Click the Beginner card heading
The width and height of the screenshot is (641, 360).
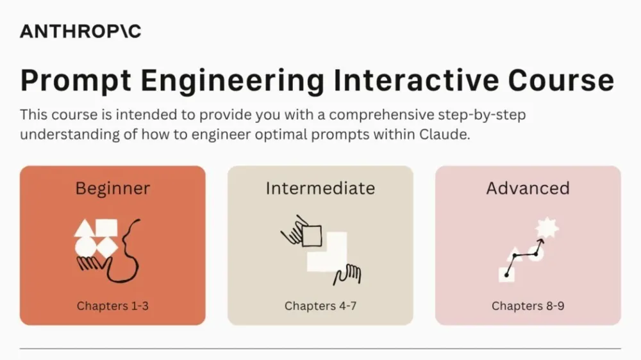pyautogui.click(x=113, y=188)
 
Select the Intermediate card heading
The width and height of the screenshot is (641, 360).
pyautogui.click(x=320, y=188)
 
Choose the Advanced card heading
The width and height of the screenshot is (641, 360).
pyautogui.click(x=528, y=188)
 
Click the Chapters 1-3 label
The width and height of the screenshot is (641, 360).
pyautogui.click(x=113, y=306)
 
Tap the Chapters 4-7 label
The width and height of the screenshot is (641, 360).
pyautogui.click(x=320, y=306)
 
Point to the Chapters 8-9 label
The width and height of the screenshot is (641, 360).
pyautogui.click(x=528, y=306)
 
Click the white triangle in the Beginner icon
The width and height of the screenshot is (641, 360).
pyautogui.click(x=84, y=229)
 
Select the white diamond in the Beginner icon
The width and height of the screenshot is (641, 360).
pyautogui.click(x=106, y=247)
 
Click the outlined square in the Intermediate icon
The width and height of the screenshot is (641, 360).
pyautogui.click(x=312, y=236)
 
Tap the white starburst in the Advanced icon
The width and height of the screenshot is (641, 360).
pyautogui.click(x=547, y=227)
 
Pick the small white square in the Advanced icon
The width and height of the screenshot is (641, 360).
pyautogui.click(x=506, y=274)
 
